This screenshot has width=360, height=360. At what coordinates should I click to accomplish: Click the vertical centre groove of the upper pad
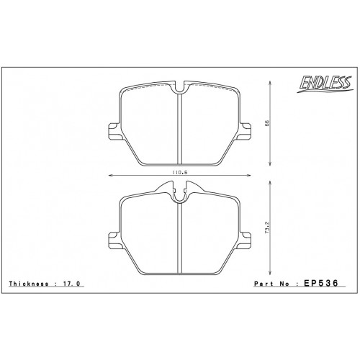coord(179,130)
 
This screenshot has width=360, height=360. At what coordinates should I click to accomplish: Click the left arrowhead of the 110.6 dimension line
coord(110,176)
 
